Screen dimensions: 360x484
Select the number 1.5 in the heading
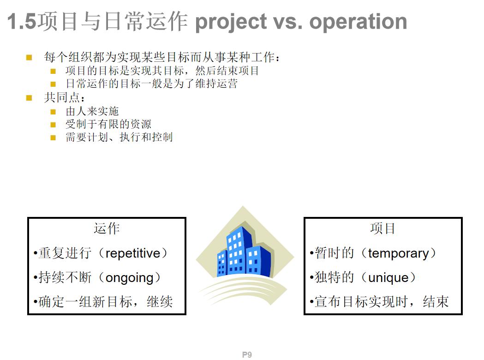click(x=22, y=22)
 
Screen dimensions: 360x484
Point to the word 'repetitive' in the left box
click(x=133, y=253)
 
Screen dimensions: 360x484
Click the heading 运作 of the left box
click(x=107, y=228)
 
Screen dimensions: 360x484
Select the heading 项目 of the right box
click(x=383, y=228)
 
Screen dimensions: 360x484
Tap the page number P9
click(x=247, y=354)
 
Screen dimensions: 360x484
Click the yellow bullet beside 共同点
click(x=29, y=98)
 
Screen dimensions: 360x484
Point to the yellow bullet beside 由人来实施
click(x=53, y=112)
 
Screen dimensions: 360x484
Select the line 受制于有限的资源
click(x=108, y=124)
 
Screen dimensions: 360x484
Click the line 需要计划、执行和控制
click(x=119, y=137)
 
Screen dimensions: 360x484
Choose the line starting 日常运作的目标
click(x=151, y=84)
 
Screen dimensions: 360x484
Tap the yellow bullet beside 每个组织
click(x=29, y=58)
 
